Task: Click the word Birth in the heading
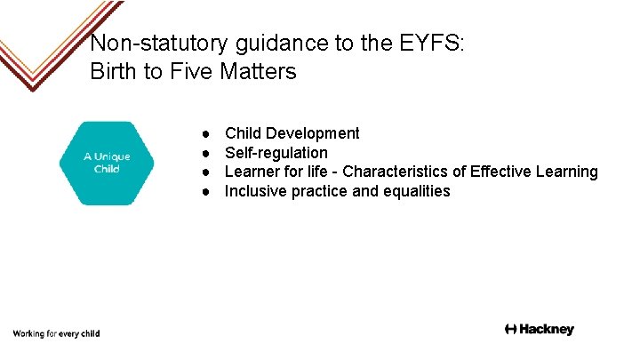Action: click(113, 72)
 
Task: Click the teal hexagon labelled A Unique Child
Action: click(107, 163)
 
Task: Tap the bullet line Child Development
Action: click(292, 133)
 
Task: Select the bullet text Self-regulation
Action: click(276, 153)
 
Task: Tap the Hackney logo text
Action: click(540, 330)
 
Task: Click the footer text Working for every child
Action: click(56, 333)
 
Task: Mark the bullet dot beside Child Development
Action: click(205, 133)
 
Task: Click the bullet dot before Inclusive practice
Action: click(205, 191)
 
